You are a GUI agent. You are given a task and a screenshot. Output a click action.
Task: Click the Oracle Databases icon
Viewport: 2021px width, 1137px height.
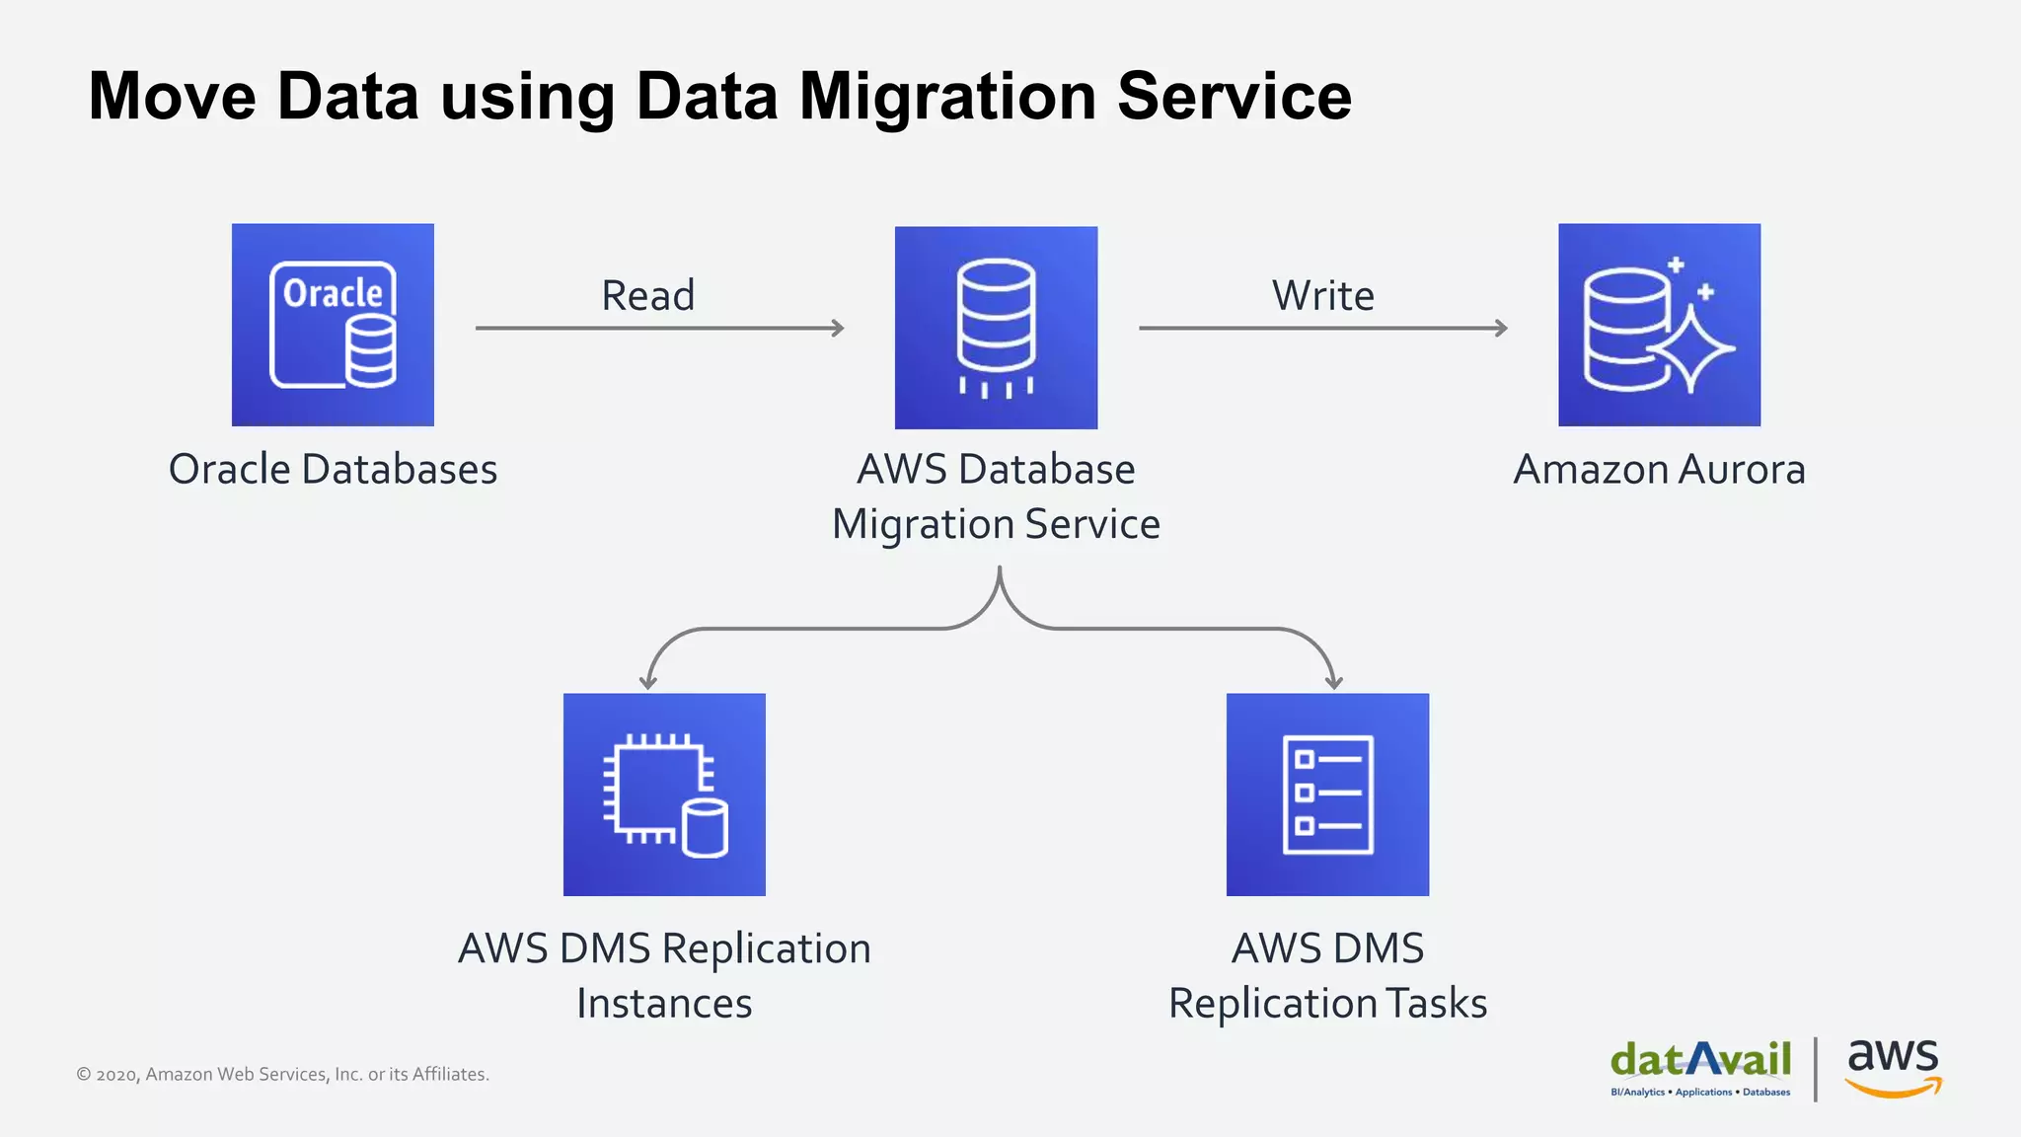pyautogui.click(x=333, y=325)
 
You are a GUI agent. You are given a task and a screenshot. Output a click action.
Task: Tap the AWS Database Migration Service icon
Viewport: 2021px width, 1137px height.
pyautogui.click(x=996, y=328)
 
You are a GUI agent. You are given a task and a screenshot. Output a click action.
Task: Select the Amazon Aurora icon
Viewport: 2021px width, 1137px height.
pyautogui.click(x=1659, y=325)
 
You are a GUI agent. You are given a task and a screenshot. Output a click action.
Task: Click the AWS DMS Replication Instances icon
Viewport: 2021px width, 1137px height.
pyautogui.click(x=664, y=795)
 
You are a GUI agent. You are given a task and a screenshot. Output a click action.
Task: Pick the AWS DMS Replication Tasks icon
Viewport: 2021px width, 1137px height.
pyautogui.click(x=1327, y=795)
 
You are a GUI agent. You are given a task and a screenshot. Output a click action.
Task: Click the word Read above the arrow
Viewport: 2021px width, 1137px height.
pyautogui.click(x=648, y=295)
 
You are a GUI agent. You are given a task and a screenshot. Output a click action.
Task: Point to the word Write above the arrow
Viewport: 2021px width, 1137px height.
pyautogui.click(x=1322, y=295)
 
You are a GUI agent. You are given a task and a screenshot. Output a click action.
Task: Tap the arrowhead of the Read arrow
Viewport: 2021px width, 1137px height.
pyautogui.click(x=839, y=328)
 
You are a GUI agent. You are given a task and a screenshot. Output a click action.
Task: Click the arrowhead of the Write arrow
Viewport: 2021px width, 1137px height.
pyautogui.click(x=1502, y=328)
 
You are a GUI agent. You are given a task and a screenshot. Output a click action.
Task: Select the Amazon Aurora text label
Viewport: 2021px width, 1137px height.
pyautogui.click(x=1659, y=469)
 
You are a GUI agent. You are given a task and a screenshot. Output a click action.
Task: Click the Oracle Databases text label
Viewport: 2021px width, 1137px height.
pyautogui.click(x=333, y=469)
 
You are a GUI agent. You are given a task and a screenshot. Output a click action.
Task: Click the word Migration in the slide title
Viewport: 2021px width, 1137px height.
pyautogui.click(x=947, y=97)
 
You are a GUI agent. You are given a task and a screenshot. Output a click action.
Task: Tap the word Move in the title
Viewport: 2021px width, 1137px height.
pyautogui.click(x=173, y=97)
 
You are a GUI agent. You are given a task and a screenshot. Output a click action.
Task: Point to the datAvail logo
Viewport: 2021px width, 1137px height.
pyautogui.click(x=1700, y=1066)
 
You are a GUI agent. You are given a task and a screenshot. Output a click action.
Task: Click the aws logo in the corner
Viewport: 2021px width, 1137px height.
pyautogui.click(x=1893, y=1066)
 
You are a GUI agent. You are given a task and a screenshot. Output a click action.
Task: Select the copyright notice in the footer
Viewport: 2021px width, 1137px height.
pyautogui.click(x=282, y=1074)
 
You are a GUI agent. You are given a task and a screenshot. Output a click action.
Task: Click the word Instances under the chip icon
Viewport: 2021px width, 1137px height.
pyautogui.click(x=664, y=1003)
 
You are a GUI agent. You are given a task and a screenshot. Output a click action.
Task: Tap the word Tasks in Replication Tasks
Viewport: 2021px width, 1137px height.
pyautogui.click(x=1437, y=1003)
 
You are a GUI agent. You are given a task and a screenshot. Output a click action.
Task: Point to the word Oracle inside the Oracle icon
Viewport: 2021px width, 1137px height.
pyautogui.click(x=333, y=293)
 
